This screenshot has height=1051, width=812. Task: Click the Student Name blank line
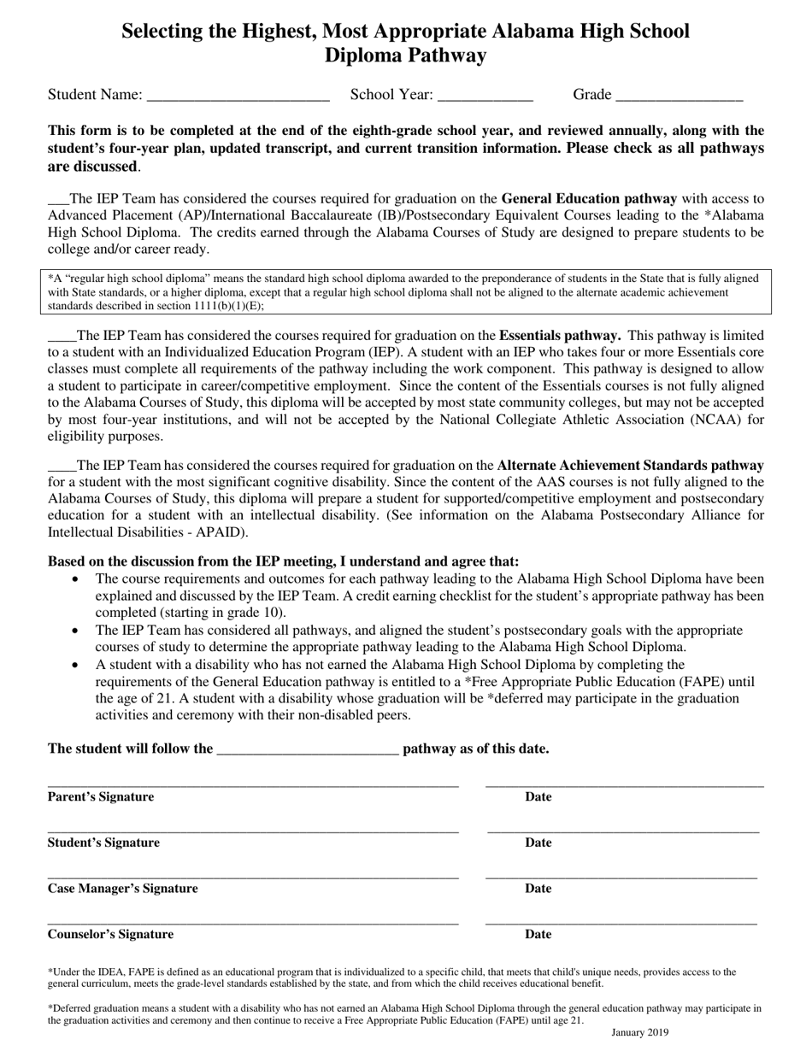[238, 96]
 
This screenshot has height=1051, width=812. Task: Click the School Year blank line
[485, 96]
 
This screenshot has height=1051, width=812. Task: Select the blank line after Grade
[679, 96]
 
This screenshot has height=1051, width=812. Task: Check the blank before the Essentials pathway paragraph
[62, 337]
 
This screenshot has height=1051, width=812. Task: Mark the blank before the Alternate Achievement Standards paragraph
[62, 467]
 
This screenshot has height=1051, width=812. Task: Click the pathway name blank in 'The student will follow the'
[308, 750]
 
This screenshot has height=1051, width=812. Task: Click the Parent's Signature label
[101, 797]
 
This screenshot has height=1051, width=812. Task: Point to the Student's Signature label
[103, 843]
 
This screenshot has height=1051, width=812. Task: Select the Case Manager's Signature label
[122, 889]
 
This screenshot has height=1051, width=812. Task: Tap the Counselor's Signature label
[110, 935]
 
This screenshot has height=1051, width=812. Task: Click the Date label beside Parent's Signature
[538, 797]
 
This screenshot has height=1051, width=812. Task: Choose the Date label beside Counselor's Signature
[538, 935]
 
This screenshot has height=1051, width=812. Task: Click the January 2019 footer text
[640, 1032]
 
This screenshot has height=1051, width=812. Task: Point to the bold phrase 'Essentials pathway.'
[560, 336]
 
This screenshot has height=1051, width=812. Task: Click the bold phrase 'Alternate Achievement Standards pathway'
[630, 466]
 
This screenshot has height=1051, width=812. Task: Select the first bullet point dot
[76, 579]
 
